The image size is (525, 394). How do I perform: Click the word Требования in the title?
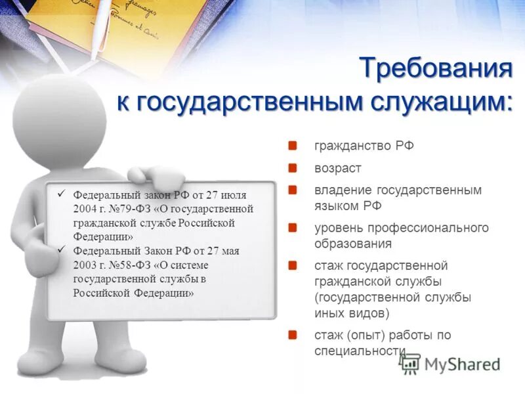click(436, 69)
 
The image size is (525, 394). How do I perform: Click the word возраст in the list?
click(338, 168)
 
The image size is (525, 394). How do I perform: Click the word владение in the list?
click(340, 190)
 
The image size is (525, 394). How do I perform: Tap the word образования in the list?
click(353, 244)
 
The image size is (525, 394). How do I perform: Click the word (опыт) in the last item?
click(369, 336)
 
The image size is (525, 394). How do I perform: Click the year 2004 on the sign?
click(85, 208)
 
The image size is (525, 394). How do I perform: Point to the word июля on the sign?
click(236, 195)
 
